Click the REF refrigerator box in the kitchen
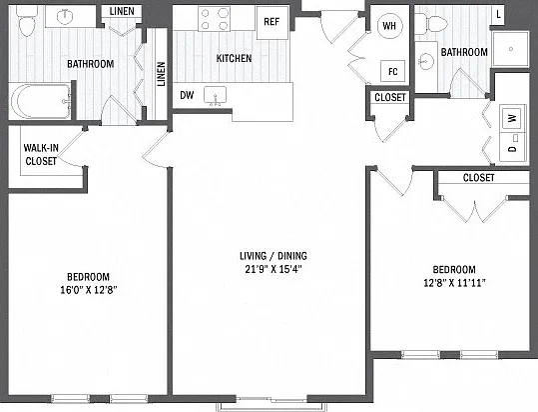(272, 22)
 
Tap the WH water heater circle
(389, 25)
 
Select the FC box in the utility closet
(392, 71)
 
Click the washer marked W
(513, 118)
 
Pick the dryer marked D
(513, 148)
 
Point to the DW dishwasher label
(187, 95)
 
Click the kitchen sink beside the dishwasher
(216, 96)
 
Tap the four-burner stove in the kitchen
(214, 19)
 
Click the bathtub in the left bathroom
(41, 101)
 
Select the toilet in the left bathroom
(27, 21)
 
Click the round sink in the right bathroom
(426, 62)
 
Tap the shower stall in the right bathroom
(511, 49)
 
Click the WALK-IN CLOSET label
(41, 154)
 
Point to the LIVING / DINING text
(273, 256)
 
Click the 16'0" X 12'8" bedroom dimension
(89, 290)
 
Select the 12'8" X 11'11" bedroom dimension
(454, 283)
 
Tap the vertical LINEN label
(161, 74)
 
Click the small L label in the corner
(498, 14)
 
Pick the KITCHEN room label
(234, 58)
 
